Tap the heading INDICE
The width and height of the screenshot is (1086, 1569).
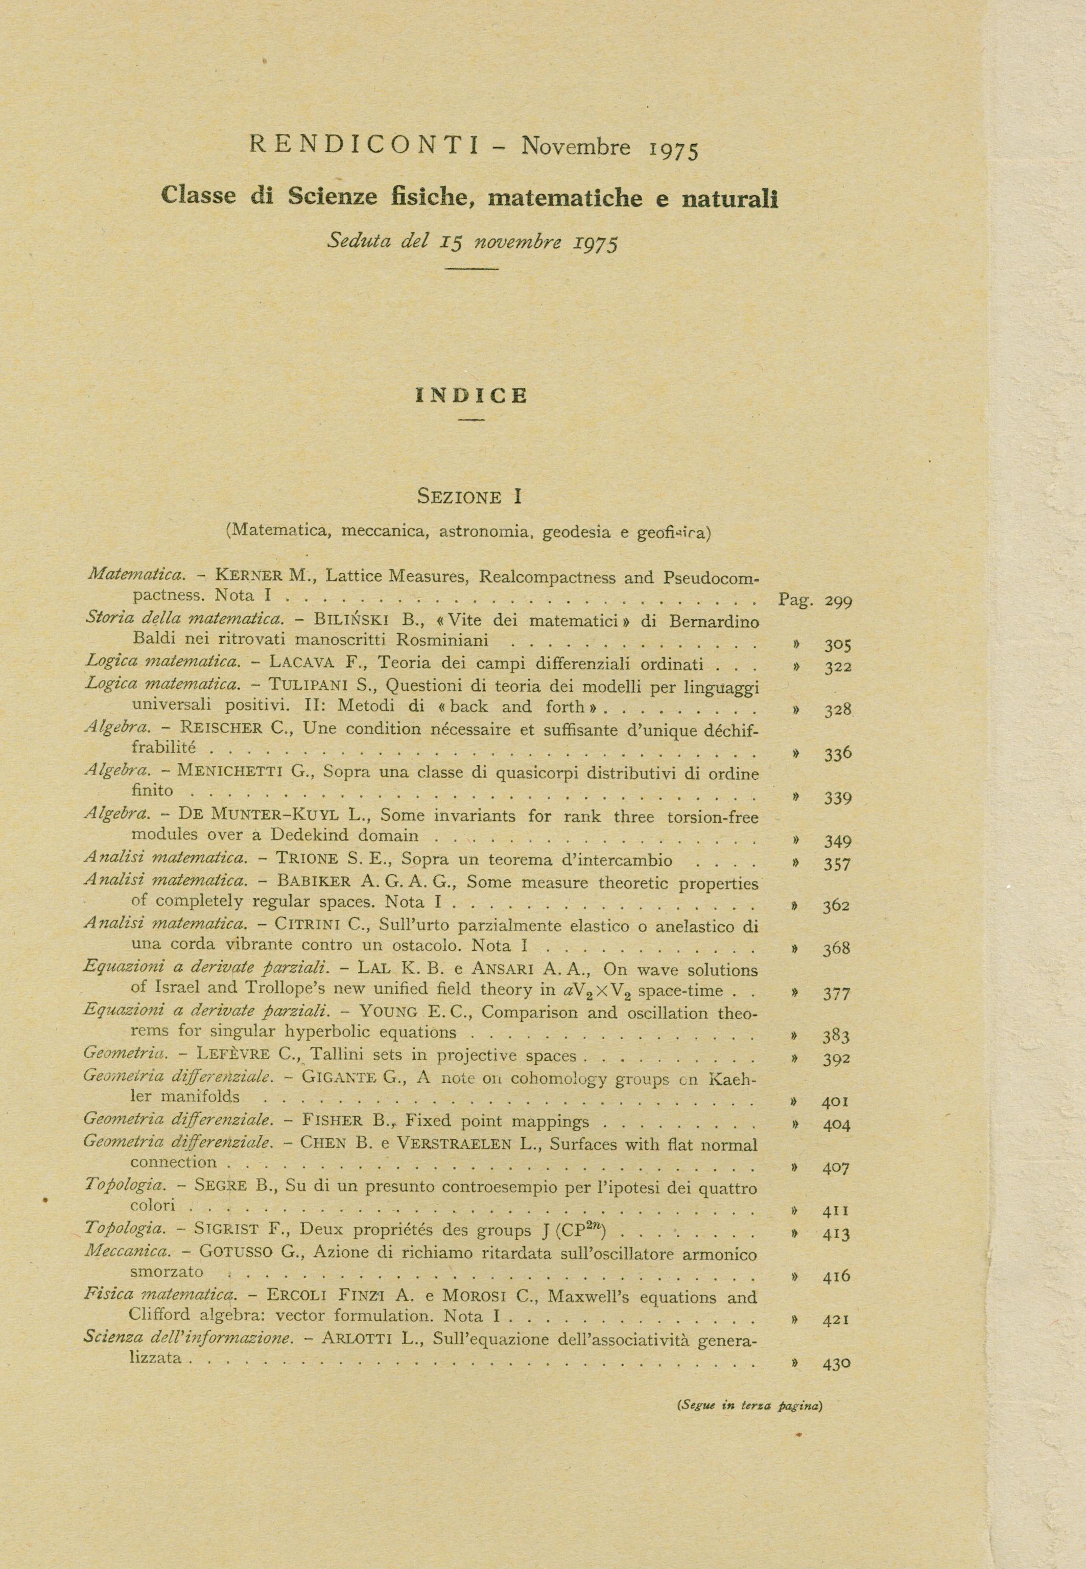(471, 395)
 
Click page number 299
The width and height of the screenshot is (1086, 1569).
(838, 601)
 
